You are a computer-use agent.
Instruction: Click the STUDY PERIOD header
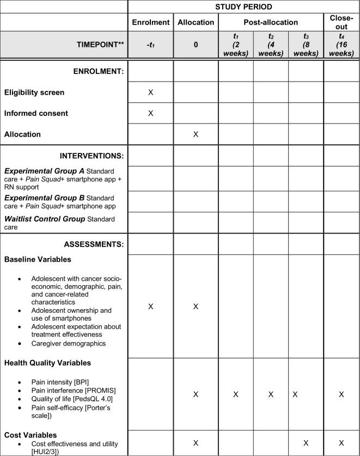243,7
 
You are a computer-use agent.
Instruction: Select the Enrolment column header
150,23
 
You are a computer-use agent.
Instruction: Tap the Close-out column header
341,22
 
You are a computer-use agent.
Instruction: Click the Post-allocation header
271,23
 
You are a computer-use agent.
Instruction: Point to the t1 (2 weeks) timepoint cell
236,45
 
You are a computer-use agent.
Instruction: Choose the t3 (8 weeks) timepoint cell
306,45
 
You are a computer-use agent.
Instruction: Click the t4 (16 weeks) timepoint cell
341,45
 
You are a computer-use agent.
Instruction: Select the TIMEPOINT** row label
97,45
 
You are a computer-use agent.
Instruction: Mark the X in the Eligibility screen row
151,93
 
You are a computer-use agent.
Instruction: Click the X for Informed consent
151,113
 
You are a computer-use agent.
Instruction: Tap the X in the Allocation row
196,134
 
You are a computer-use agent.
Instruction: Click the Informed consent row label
36,113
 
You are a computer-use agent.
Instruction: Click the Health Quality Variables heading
47,363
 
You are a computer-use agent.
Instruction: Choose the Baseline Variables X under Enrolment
151,306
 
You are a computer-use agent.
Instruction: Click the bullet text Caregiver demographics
69,344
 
